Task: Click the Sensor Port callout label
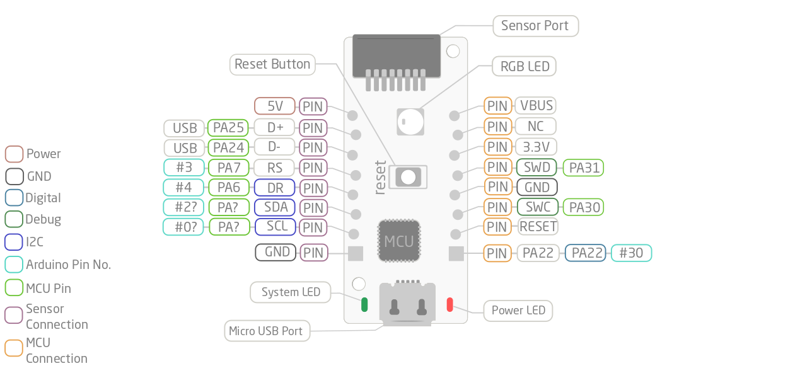click(x=535, y=26)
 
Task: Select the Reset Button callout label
click(x=272, y=64)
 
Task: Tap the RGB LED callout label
click(x=524, y=66)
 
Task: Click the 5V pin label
click(x=275, y=106)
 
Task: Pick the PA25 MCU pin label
click(x=228, y=128)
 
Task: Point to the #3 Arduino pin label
click(x=184, y=168)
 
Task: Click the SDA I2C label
click(x=275, y=207)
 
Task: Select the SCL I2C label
click(x=275, y=227)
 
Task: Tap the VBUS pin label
click(x=536, y=106)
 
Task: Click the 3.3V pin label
click(x=536, y=147)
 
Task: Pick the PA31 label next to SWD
click(x=584, y=168)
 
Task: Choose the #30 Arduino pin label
click(x=632, y=253)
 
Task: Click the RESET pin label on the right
click(x=538, y=226)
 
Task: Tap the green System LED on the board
click(x=364, y=304)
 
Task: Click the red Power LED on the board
click(x=449, y=304)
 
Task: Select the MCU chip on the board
click(x=399, y=241)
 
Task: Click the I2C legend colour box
click(x=14, y=242)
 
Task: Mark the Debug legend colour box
click(x=14, y=219)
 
